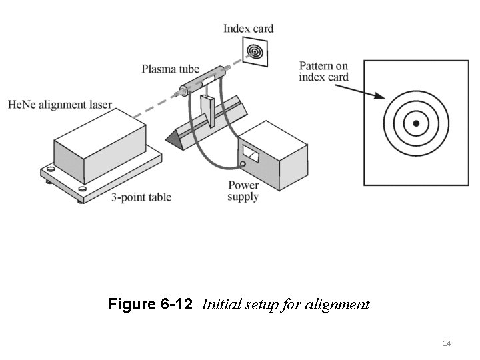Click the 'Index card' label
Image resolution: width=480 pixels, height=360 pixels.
click(248, 29)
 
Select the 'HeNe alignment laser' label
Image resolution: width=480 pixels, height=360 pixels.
click(60, 105)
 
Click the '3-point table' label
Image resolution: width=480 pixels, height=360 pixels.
click(141, 197)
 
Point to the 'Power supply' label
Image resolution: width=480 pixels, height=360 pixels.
click(243, 191)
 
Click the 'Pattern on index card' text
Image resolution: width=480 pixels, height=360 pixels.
click(323, 71)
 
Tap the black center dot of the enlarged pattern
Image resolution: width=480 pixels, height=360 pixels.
click(416, 123)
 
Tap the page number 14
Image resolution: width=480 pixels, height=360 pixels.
click(447, 343)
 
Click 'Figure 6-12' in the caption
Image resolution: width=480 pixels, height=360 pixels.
click(149, 305)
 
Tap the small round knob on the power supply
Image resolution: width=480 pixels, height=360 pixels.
click(244, 163)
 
